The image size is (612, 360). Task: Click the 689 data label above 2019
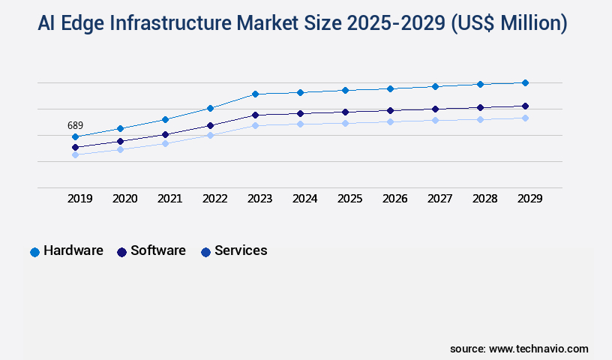tap(75, 125)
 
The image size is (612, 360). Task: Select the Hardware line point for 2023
tap(255, 94)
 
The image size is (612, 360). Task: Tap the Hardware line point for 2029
tap(525, 82)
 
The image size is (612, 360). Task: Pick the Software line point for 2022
tap(210, 125)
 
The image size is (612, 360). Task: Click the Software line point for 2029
tap(525, 106)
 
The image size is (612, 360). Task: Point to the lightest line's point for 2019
tap(75, 155)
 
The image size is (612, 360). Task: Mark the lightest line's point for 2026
tap(390, 121)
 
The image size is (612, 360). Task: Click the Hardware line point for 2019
tap(75, 136)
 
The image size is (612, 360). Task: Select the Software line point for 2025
tap(345, 112)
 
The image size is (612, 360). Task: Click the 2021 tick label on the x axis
tap(169, 199)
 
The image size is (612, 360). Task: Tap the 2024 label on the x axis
tap(304, 199)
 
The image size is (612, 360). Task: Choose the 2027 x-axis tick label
tap(439, 199)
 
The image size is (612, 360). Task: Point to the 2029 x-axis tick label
tap(529, 199)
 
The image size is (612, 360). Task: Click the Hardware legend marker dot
tap(34, 252)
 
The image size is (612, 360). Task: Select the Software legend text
tap(157, 250)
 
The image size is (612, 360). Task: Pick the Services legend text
tap(241, 250)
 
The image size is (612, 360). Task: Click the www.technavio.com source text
tap(538, 349)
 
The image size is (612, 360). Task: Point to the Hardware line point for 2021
tap(165, 119)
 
